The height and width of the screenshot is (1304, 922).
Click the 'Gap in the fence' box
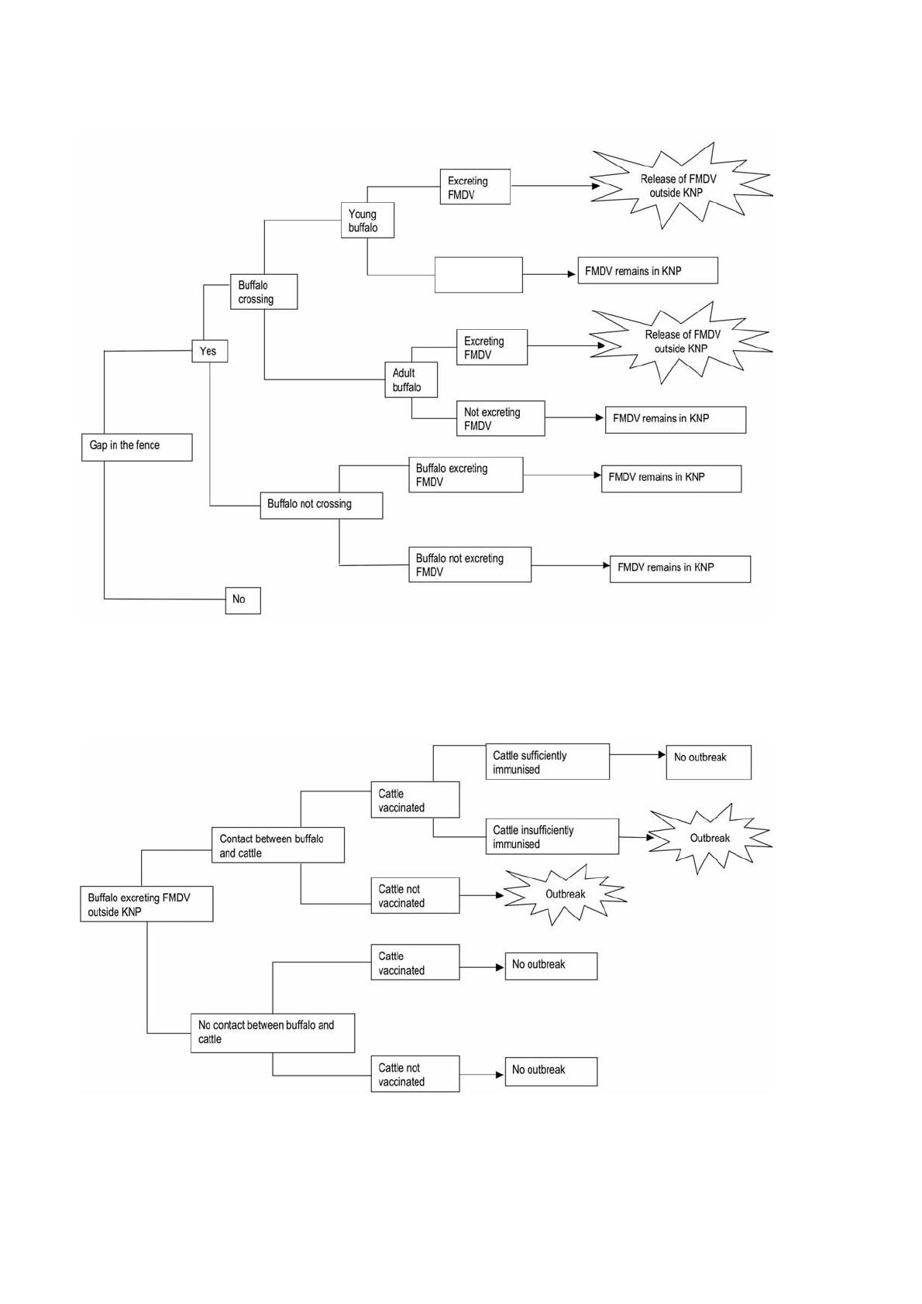136,447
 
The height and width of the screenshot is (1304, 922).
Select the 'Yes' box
209,352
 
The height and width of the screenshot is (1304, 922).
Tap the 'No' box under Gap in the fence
243,600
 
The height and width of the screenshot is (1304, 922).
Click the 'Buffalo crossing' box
263,292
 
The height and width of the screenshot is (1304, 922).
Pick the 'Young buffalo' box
367,221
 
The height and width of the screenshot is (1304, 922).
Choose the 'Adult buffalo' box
411,380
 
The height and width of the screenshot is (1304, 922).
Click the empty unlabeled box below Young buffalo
478,275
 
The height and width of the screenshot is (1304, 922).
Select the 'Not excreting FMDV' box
501,419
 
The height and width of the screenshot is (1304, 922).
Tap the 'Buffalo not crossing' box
321,505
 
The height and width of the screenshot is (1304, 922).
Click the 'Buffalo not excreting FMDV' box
470,564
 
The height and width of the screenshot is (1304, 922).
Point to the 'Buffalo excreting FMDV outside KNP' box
146,904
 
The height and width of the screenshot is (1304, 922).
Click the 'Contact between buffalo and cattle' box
277,846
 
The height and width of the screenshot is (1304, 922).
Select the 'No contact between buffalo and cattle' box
272,1033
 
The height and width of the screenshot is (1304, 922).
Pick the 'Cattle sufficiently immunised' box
547,763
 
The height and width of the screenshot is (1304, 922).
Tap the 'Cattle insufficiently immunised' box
552,837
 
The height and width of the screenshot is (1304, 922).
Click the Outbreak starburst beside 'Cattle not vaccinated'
565,894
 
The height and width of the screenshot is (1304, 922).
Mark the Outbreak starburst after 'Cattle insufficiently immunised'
709,839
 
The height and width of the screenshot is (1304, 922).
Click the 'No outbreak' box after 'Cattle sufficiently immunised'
708,763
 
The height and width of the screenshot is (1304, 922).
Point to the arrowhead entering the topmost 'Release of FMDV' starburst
595,186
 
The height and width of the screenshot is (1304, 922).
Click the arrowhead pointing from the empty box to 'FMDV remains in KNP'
572,274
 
